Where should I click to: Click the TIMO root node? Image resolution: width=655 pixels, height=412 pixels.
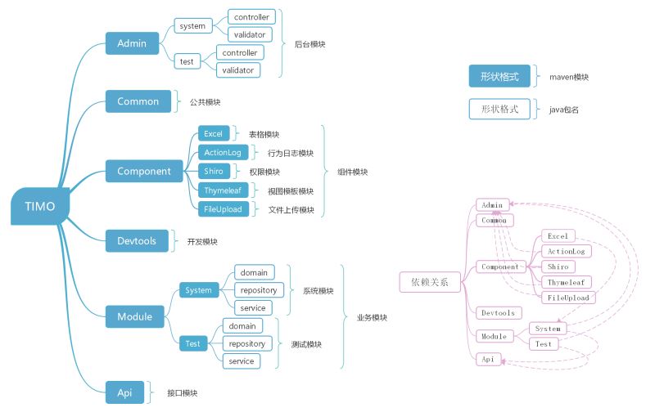tap(40, 207)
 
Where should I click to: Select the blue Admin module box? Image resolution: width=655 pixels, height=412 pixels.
tap(132, 43)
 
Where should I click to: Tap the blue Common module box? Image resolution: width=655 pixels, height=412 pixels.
tap(138, 101)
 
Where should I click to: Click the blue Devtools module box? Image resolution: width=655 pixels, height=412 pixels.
tap(137, 241)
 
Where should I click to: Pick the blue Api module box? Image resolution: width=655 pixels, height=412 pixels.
tap(124, 392)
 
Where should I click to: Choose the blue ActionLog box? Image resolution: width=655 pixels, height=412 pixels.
tap(223, 153)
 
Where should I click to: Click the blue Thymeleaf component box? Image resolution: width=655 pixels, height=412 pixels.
tap(223, 190)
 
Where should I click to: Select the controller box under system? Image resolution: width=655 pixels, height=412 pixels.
tap(251, 17)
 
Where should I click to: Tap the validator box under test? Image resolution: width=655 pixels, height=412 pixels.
tap(238, 70)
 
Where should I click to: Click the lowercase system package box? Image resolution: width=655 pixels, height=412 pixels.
tap(192, 26)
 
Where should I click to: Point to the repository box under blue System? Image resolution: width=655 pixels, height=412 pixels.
tap(259, 290)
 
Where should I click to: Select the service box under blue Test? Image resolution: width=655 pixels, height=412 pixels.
tap(241, 361)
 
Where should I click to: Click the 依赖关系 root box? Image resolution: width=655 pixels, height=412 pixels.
tap(430, 282)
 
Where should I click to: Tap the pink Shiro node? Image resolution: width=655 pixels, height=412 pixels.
tap(558, 266)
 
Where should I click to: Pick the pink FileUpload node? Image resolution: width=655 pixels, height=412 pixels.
tap(568, 298)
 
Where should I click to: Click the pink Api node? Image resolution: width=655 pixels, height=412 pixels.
tap(488, 359)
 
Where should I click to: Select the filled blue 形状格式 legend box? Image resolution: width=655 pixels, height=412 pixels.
tap(499, 76)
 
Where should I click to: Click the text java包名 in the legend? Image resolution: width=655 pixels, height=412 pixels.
tap(564, 110)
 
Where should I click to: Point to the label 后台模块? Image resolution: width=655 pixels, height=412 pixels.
tap(310, 44)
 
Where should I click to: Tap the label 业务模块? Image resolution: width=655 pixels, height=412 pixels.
tap(372, 317)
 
